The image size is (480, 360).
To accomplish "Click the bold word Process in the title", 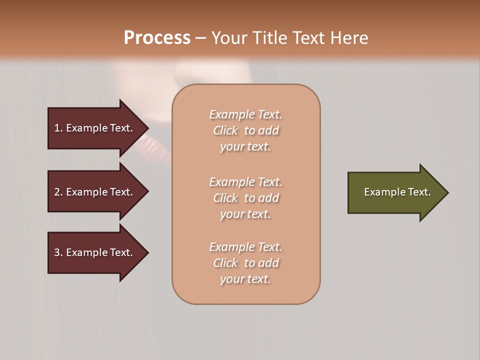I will (x=157, y=38).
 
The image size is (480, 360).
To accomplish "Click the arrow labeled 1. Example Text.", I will (x=92, y=128).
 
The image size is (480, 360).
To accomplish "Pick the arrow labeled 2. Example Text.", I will (x=92, y=192).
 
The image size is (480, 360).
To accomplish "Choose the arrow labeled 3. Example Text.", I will (x=92, y=252).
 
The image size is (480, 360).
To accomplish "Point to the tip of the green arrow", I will (x=447, y=192).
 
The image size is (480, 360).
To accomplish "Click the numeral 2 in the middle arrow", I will (x=57, y=192).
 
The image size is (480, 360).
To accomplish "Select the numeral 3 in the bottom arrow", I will (x=57, y=252).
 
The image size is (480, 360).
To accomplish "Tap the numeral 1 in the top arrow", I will (x=57, y=128).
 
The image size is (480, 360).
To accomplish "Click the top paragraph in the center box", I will (x=245, y=130).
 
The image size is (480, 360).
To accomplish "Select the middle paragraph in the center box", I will (x=245, y=198).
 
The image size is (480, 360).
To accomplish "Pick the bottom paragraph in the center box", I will (x=245, y=263).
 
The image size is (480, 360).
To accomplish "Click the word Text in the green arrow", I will (x=419, y=192).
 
